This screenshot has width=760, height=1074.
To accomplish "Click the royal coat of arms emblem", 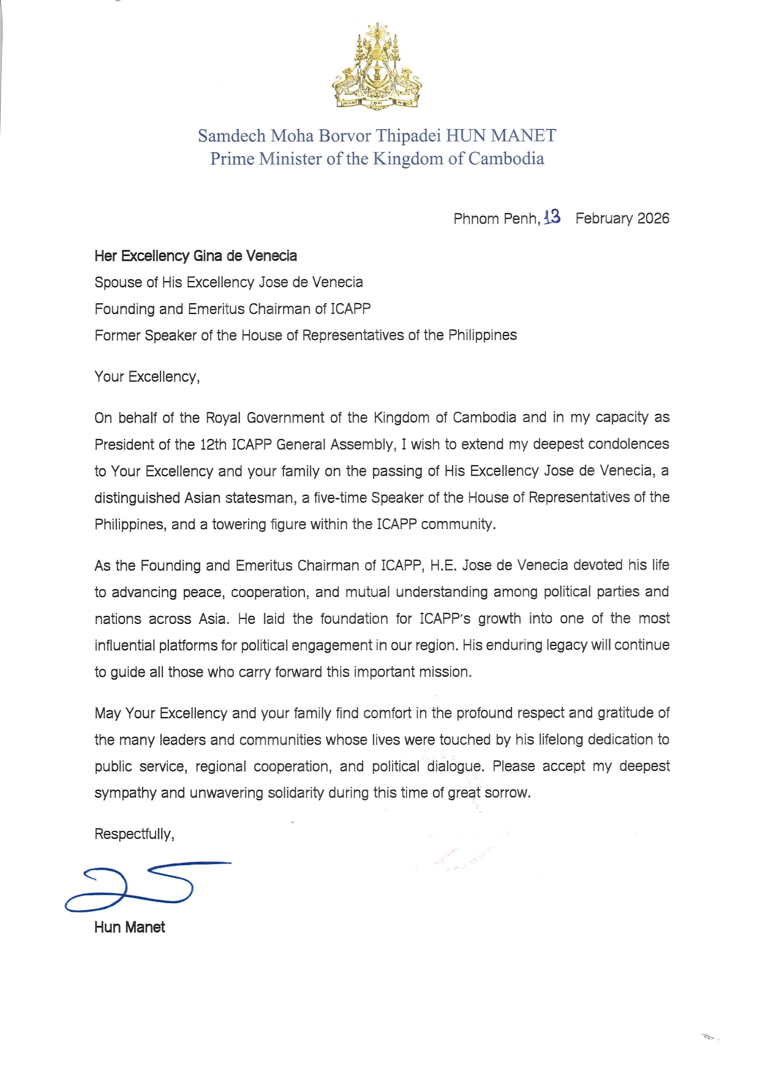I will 377,67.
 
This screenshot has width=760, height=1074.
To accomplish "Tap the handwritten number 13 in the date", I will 552,217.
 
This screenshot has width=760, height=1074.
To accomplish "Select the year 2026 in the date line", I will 653,219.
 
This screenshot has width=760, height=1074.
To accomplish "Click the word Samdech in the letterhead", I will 231,136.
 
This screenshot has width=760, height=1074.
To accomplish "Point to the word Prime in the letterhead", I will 232,159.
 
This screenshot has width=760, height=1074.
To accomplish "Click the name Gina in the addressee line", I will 208,256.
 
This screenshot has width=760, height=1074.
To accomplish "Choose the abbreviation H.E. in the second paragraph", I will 443,565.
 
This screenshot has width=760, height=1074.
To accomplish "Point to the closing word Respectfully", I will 134,835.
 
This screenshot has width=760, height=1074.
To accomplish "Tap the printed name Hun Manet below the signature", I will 130,928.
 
